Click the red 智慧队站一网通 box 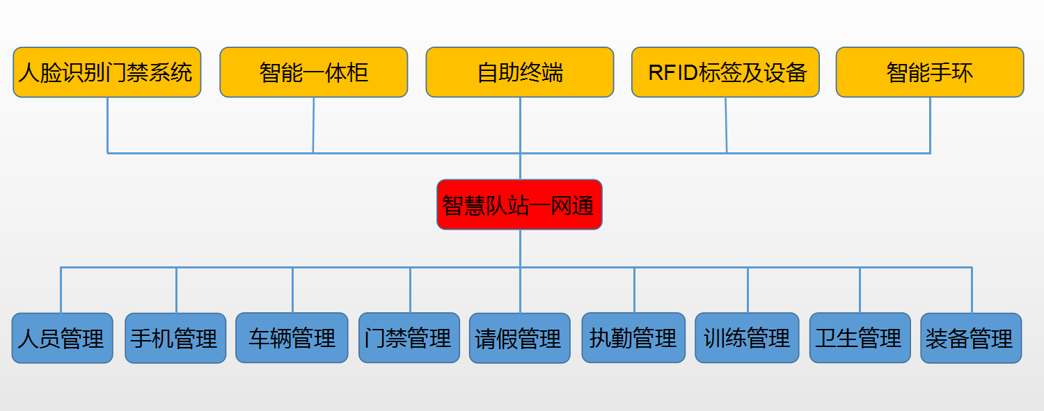pyautogui.click(x=519, y=204)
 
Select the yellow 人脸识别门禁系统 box pyautogui.click(x=107, y=72)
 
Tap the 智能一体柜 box pyautogui.click(x=314, y=72)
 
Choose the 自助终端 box pyautogui.click(x=520, y=72)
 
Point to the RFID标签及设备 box pyautogui.click(x=725, y=72)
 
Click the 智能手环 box pyautogui.click(x=930, y=72)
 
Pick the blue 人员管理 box pyautogui.click(x=63, y=338)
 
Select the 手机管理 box pyautogui.click(x=175, y=338)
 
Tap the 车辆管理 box pyautogui.click(x=292, y=338)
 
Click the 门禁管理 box pyautogui.click(x=409, y=338)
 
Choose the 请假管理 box pyautogui.click(x=520, y=338)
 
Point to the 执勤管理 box pyautogui.click(x=633, y=338)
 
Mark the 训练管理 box pyautogui.click(x=747, y=338)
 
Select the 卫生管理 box pyautogui.click(x=860, y=338)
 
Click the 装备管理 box pyautogui.click(x=972, y=338)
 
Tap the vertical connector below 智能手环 pyautogui.click(x=931, y=125)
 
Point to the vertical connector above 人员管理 pyautogui.click(x=61, y=290)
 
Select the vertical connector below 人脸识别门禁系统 pyautogui.click(x=108, y=125)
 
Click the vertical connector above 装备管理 pyautogui.click(x=972, y=290)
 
